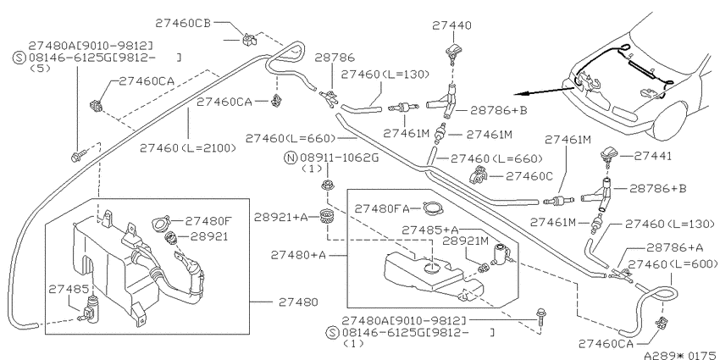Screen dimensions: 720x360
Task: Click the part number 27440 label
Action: click(451, 25)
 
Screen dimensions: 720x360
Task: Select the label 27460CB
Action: click(183, 24)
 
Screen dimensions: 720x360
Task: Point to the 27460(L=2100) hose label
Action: click(188, 148)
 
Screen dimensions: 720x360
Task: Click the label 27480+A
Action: click(298, 255)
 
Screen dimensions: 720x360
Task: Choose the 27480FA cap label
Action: click(382, 209)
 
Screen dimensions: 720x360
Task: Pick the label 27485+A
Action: click(430, 230)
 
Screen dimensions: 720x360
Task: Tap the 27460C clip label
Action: click(529, 176)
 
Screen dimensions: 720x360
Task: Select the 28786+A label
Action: click(674, 248)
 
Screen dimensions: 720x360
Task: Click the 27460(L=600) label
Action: click(673, 264)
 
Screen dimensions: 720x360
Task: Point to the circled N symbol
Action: click(291, 158)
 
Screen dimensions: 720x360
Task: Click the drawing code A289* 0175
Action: click(681, 355)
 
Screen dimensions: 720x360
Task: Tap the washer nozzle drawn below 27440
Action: click(453, 53)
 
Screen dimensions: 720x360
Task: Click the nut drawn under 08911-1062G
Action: click(326, 186)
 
